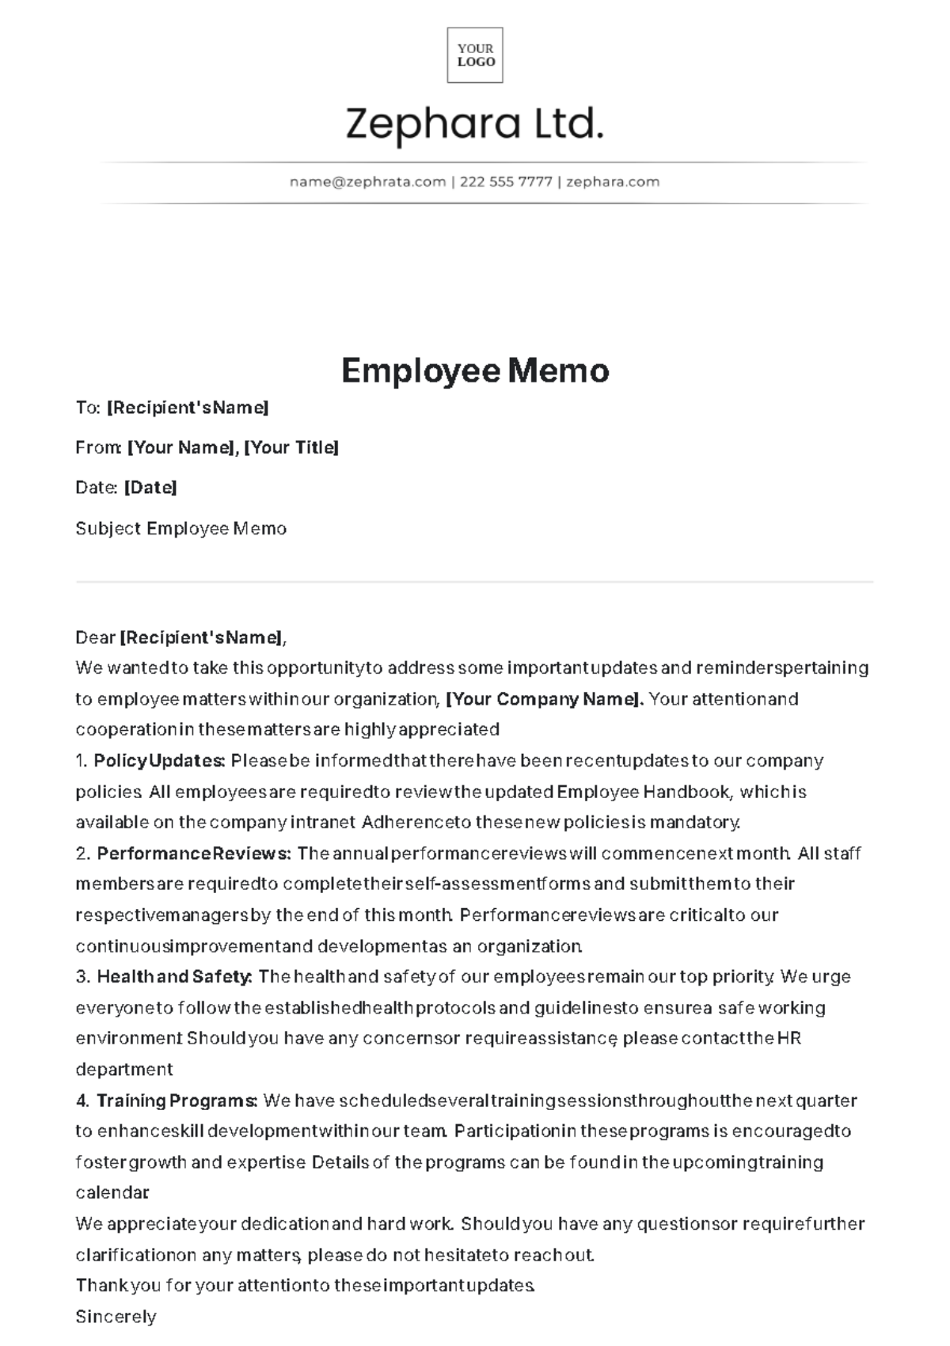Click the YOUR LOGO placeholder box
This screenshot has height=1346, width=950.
(475, 55)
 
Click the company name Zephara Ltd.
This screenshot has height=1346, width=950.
(475, 124)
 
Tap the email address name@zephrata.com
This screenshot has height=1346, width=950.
(367, 182)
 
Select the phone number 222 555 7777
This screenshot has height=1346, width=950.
(506, 182)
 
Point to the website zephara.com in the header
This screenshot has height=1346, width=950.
(613, 182)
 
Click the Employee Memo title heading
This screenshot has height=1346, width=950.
(475, 371)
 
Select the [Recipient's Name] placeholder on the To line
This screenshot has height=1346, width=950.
(188, 408)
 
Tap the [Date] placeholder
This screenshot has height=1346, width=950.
(150, 488)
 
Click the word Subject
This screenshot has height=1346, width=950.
(108, 529)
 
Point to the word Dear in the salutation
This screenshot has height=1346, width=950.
(95, 638)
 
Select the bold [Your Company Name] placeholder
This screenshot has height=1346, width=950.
(545, 699)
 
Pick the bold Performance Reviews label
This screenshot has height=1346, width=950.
(194, 854)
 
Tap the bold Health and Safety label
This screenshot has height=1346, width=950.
(174, 977)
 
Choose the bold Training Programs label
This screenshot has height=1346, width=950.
(177, 1101)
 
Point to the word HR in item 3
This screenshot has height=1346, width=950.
(789, 1038)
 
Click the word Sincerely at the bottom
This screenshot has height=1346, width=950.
(116, 1317)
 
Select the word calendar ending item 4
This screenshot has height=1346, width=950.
(112, 1192)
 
